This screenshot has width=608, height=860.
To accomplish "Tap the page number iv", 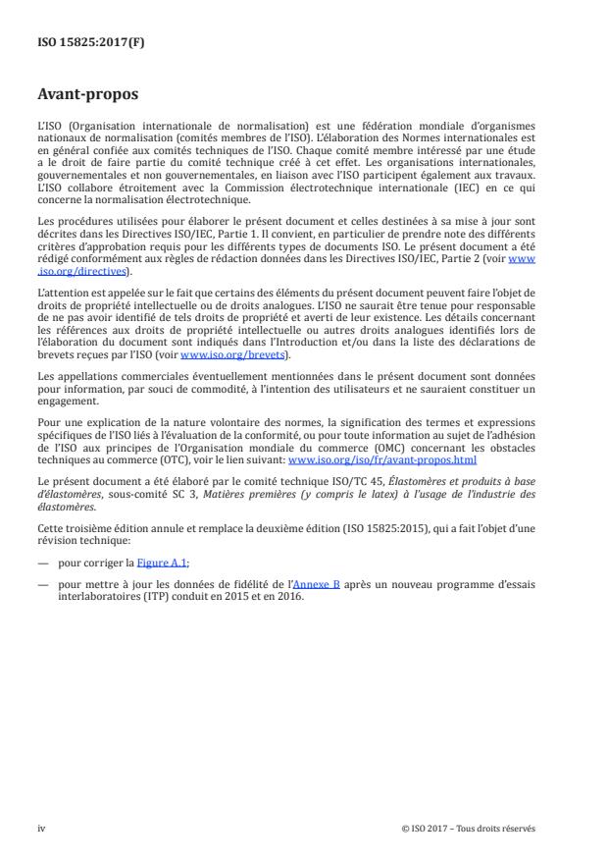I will pos(41,828).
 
